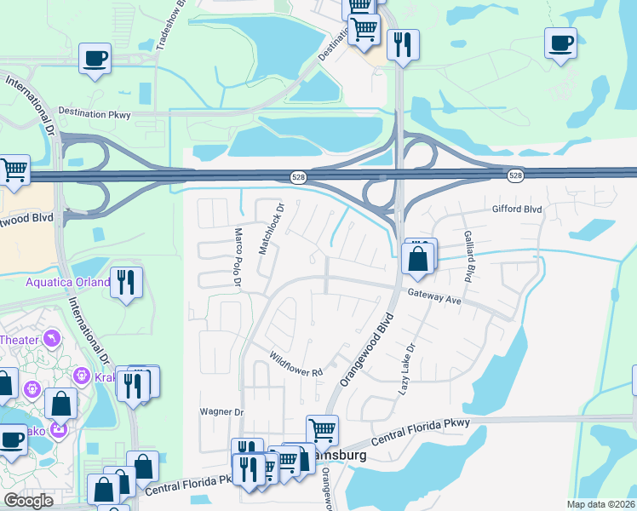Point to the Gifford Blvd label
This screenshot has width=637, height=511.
517,209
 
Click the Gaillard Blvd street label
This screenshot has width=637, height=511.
468,256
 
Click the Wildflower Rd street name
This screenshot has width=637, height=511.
296,365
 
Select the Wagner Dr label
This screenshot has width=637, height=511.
221,412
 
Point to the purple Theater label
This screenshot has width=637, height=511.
19,339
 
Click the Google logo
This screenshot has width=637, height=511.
28,500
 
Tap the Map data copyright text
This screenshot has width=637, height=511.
600,504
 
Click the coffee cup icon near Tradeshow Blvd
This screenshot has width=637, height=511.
95,58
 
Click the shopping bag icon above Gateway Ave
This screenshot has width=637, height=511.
418,258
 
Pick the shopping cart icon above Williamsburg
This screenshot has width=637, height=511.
322,429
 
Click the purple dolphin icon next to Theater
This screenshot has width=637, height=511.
53,339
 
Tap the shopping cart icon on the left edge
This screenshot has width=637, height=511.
13,170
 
